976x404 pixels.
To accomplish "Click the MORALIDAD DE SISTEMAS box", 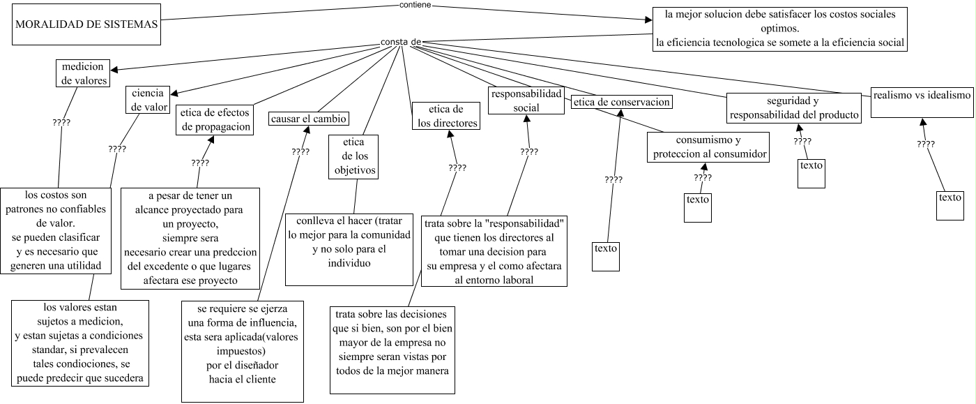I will point(86,26).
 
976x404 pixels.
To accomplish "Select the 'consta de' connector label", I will point(400,42).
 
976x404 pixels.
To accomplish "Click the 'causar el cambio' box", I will point(309,118).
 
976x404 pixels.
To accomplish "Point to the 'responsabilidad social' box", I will point(526,100).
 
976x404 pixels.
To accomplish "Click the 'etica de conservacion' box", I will point(622,103).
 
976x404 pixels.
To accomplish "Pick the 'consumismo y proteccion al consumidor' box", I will point(708,147).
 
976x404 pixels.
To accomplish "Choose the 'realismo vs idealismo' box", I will point(922,103).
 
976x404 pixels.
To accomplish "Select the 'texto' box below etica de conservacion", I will point(605,255).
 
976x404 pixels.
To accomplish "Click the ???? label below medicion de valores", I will point(61,122).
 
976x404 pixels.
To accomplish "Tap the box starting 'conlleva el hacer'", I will point(349,248).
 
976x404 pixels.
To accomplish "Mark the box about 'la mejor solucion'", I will point(779,28).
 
